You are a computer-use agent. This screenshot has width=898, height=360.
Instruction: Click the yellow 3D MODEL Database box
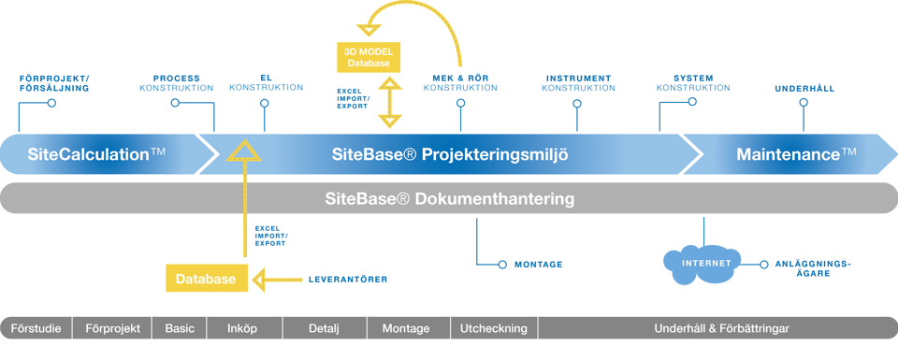tap(369, 57)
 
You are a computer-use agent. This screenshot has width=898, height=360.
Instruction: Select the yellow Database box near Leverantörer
tap(206, 279)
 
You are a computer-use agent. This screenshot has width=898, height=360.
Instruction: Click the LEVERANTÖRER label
tap(348, 280)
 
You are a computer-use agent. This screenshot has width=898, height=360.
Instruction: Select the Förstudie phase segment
tap(36, 328)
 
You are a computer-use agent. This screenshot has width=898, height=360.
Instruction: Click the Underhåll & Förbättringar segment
tap(718, 328)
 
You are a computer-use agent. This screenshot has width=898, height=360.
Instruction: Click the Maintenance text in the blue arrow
tap(796, 154)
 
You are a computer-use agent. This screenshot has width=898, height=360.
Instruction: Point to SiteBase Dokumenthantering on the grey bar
tap(450, 198)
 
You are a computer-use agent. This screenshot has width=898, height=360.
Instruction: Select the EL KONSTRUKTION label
tap(266, 83)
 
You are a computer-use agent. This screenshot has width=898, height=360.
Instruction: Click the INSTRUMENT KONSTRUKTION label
tap(578, 83)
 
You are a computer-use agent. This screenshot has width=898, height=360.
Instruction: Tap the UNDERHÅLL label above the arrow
tap(804, 89)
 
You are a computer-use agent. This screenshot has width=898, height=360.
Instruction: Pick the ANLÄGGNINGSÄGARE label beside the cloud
tap(813, 268)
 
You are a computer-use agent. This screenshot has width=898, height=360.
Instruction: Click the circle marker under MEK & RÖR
tap(460, 103)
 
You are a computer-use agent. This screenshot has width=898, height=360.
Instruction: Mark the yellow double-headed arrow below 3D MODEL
tap(391, 103)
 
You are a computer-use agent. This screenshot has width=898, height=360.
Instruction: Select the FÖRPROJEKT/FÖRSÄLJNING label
tap(54, 83)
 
